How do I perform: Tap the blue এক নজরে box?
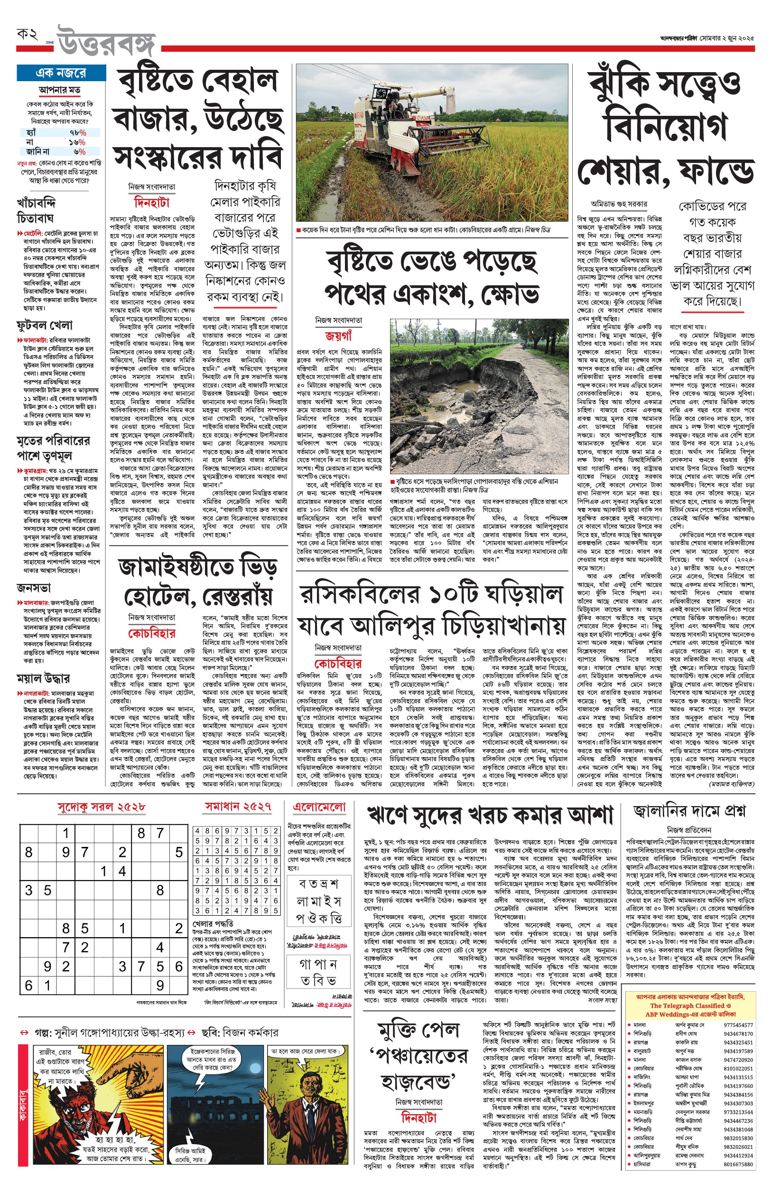click(61, 73)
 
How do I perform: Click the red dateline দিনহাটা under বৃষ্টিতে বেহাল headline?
click(152, 203)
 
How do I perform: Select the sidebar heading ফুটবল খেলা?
click(45, 326)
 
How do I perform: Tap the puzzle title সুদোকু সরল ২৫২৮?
click(101, 807)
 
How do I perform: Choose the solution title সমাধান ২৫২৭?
click(238, 807)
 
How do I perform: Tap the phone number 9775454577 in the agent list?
click(738, 1025)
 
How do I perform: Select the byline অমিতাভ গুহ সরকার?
click(619, 204)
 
